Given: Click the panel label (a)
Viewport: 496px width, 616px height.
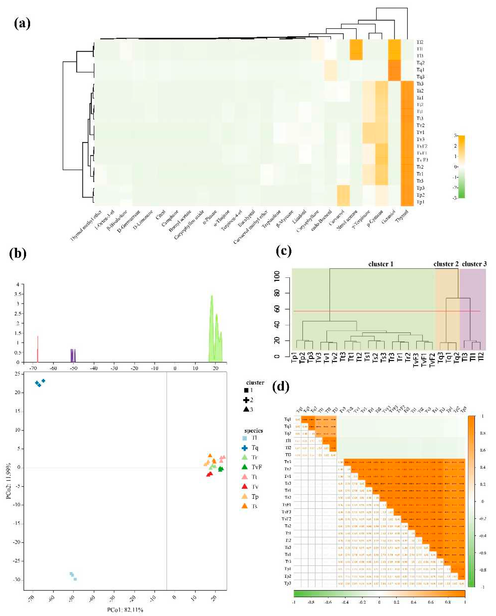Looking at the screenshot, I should click(22, 23).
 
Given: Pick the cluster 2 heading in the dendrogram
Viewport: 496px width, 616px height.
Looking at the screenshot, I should click(446, 264).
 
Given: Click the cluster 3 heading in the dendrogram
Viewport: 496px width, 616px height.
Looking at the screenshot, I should click(474, 264).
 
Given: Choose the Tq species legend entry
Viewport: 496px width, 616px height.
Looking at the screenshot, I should click(254, 448).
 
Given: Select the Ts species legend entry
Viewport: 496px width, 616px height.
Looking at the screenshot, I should click(254, 506).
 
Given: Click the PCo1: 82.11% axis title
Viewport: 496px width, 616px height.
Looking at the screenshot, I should click(125, 610).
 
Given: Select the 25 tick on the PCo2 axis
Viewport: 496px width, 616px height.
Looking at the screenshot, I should click(18, 374).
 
